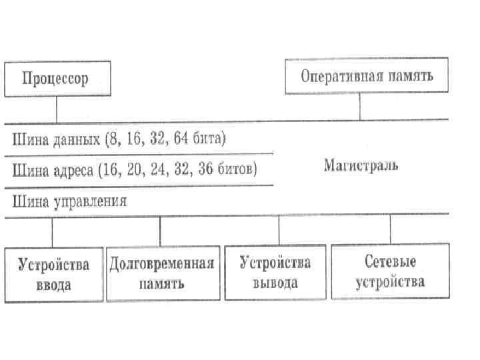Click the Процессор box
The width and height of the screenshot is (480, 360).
pyautogui.click(x=56, y=79)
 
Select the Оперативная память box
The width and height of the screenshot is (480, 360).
pyautogui.click(x=367, y=75)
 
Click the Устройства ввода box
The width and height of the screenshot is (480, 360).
pyautogui.click(x=54, y=274)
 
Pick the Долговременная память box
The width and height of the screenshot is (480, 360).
pyautogui.click(x=162, y=273)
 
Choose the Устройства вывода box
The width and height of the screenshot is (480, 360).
pyautogui.click(x=275, y=273)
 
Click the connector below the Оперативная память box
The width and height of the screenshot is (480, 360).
pyautogui.click(x=360, y=107)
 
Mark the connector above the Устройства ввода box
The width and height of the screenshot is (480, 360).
pyautogui.click(x=52, y=231)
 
